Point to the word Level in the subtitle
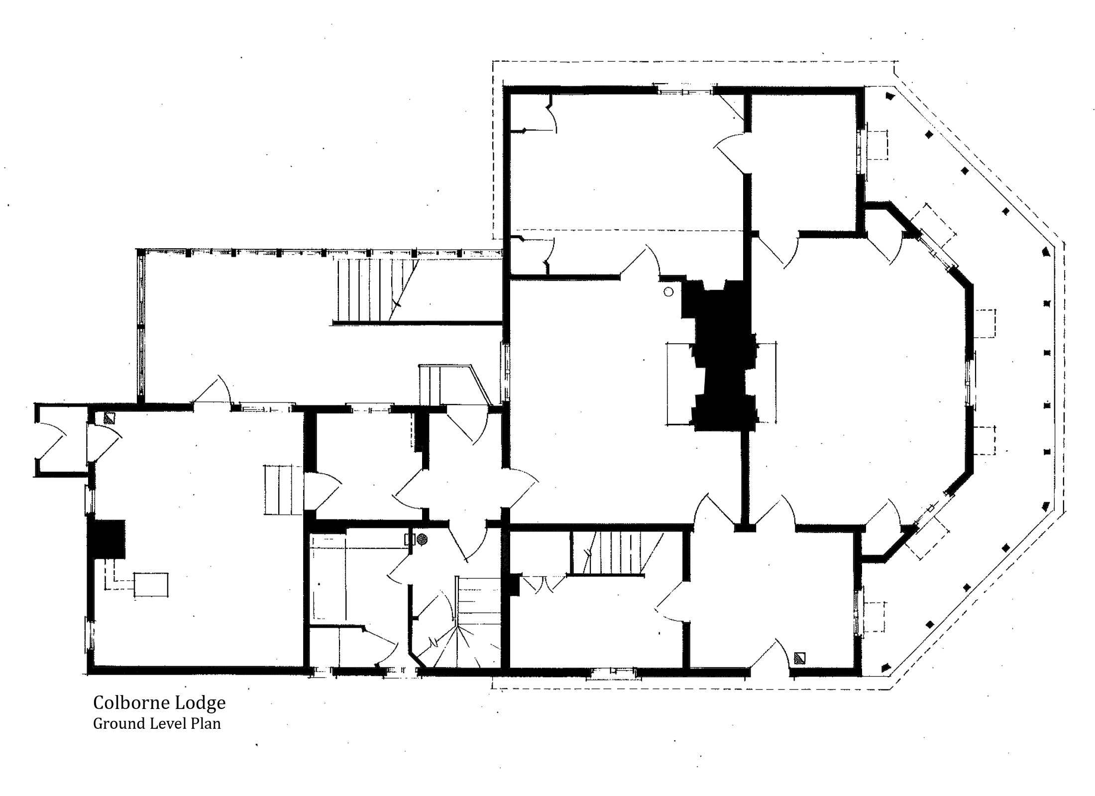tap(160, 723)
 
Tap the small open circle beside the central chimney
tap(668, 292)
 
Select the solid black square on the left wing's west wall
tap(107, 539)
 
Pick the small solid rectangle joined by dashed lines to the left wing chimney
tap(151, 585)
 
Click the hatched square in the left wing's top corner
tap(109, 418)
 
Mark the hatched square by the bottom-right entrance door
tap(800, 659)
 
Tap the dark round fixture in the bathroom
tap(422, 539)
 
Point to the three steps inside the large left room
tap(282, 490)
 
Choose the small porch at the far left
tap(62, 440)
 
